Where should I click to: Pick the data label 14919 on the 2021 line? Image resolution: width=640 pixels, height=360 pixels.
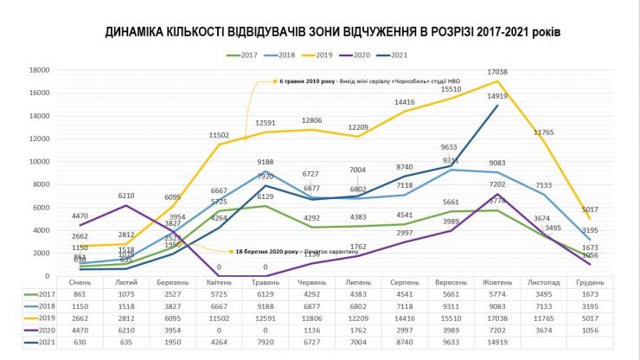pyautogui.click(x=497, y=97)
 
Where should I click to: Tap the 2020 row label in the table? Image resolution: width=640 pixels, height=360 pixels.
pyautogui.click(x=35, y=329)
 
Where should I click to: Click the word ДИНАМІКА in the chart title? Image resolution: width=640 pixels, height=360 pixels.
pyautogui.click(x=141, y=33)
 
